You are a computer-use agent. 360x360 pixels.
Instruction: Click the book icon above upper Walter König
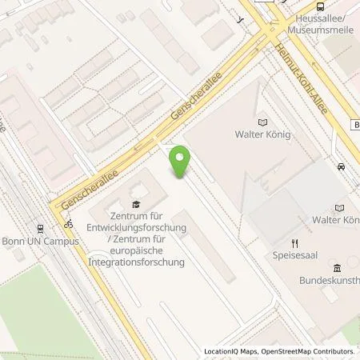click(x=262, y=122)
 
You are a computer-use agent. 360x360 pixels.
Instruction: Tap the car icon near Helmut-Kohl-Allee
click(x=342, y=167)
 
